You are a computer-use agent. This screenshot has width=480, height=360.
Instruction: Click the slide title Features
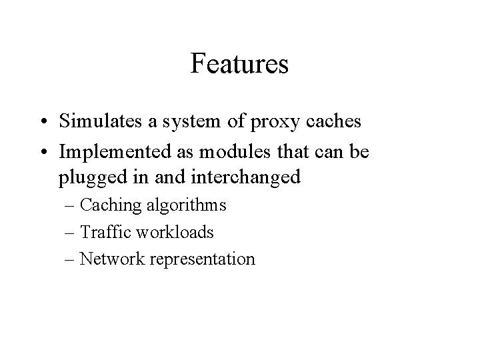[239, 64]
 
